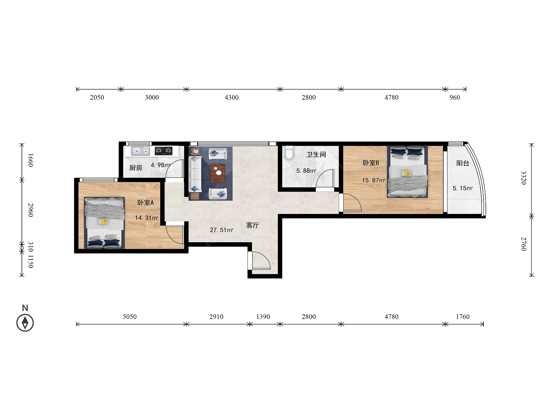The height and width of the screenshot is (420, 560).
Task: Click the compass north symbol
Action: point(25,323)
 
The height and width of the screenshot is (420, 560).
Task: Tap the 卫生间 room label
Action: point(316,154)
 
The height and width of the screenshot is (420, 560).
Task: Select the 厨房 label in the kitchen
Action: point(136,168)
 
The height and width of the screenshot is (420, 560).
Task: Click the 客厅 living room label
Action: point(253,225)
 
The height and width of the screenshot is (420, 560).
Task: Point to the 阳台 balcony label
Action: point(463,163)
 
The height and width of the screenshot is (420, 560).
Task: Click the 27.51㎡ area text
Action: point(221,230)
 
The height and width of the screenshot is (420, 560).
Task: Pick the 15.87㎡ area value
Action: point(374,180)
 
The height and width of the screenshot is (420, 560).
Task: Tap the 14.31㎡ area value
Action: point(146,218)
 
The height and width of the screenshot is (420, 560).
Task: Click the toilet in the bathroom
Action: point(289,152)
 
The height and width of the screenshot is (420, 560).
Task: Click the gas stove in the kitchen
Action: point(164,151)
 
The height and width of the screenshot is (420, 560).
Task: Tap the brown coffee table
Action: point(218,173)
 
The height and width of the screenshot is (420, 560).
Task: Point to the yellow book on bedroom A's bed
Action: point(103,221)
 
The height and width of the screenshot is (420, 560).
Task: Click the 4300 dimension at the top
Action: point(232,97)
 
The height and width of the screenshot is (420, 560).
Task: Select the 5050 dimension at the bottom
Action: point(130,317)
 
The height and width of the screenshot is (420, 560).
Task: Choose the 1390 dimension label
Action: point(263,317)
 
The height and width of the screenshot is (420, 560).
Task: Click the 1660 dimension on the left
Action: point(31,160)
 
